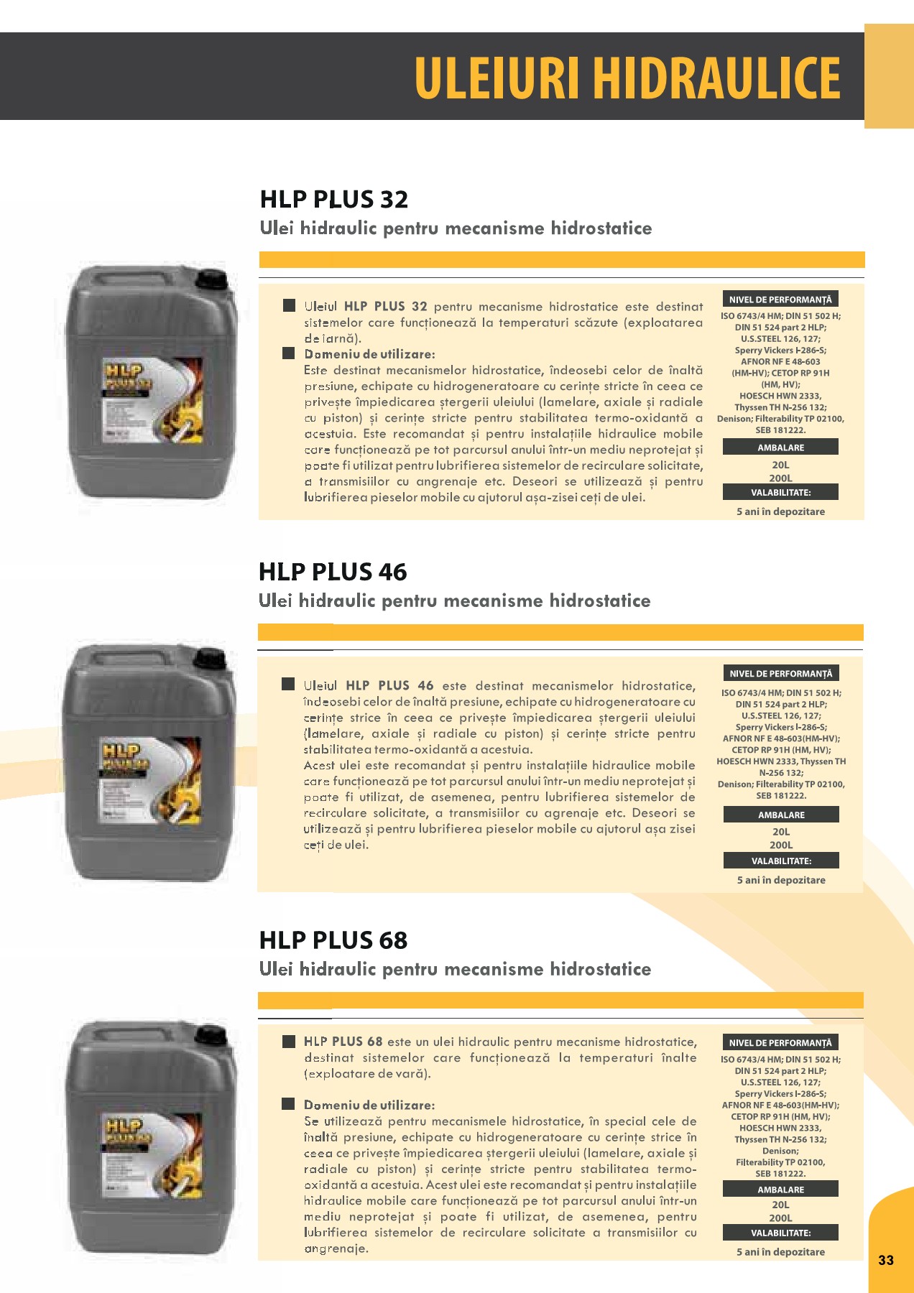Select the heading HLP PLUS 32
point(334,199)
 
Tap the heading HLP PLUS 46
point(333,572)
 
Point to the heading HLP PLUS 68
point(333,940)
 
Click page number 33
point(886,1260)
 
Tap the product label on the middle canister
point(150,781)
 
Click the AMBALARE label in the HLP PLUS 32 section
point(780,448)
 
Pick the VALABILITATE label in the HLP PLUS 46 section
point(781,861)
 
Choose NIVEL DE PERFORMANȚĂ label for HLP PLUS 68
point(780,1043)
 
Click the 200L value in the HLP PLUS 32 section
point(780,478)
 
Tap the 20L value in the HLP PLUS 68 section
point(780,1205)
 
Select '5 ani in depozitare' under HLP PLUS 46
point(781,880)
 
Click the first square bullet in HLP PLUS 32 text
point(289,306)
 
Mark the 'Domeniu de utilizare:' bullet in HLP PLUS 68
point(289,1104)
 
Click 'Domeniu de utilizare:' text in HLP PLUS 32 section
point(369,354)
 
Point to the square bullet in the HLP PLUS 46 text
point(288,685)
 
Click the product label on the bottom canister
point(151,1157)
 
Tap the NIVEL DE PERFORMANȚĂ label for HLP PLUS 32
point(780,300)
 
